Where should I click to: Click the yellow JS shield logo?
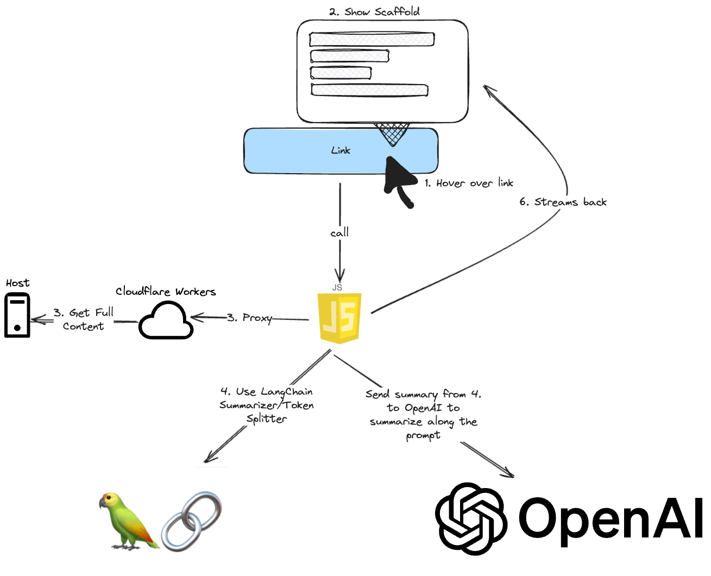339,318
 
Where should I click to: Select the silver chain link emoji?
192,521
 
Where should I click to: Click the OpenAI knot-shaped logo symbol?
471,518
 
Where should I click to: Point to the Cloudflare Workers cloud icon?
166,321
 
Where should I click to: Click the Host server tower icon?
17,315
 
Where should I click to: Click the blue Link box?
341,151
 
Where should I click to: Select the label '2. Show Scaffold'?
374,11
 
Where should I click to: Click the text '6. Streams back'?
563,202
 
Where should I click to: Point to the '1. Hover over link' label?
469,183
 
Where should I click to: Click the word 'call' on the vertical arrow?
339,233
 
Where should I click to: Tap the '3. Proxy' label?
249,318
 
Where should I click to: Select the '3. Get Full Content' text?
84,319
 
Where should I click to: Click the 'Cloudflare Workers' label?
166,292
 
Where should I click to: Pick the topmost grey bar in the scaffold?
372,39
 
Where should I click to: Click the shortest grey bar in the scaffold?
341,73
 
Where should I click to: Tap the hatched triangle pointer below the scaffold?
392,133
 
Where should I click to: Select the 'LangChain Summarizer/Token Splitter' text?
267,405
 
